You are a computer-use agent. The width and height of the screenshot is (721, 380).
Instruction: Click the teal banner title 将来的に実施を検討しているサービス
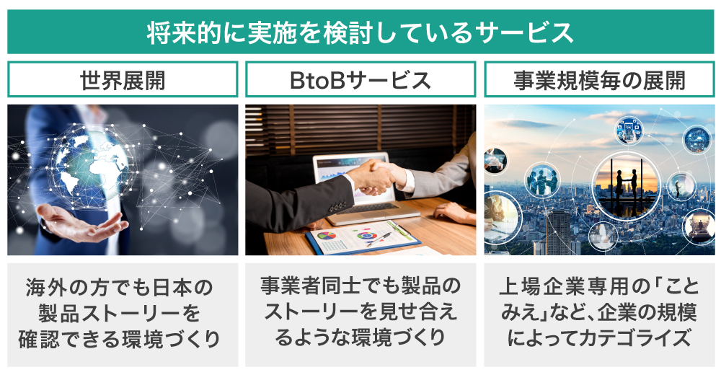pos(360,32)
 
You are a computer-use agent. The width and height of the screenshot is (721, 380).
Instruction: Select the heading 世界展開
pos(123,80)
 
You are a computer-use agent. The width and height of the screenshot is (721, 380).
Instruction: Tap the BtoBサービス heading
pos(360,80)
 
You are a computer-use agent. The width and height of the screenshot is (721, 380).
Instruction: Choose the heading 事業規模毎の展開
pos(599,80)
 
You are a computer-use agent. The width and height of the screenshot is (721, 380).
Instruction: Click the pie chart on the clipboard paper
pos(327,236)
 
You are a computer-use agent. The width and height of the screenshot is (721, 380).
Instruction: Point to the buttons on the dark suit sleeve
pos(337,207)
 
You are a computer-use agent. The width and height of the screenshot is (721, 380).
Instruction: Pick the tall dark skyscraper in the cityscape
pos(558,233)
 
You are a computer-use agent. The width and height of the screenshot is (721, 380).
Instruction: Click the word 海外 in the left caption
pos(43,288)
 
